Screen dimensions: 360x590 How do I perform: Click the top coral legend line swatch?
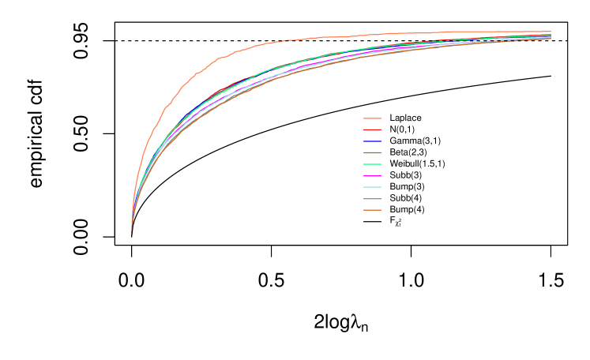click(372, 118)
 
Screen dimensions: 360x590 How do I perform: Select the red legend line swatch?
click(372, 129)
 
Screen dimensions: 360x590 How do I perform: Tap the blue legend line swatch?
click(372, 141)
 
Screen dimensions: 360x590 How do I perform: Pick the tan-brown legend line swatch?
click(372, 152)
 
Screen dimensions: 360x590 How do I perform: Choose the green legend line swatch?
click(372, 164)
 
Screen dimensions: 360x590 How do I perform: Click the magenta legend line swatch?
click(372, 176)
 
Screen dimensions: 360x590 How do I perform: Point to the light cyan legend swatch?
click(372, 187)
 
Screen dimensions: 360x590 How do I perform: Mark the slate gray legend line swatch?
click(372, 199)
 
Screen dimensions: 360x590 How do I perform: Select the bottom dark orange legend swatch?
click(372, 210)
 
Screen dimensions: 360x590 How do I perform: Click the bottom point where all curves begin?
click(131, 234)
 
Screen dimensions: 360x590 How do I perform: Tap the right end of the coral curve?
click(551, 32)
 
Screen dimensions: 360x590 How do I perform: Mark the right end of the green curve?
click(551, 36)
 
